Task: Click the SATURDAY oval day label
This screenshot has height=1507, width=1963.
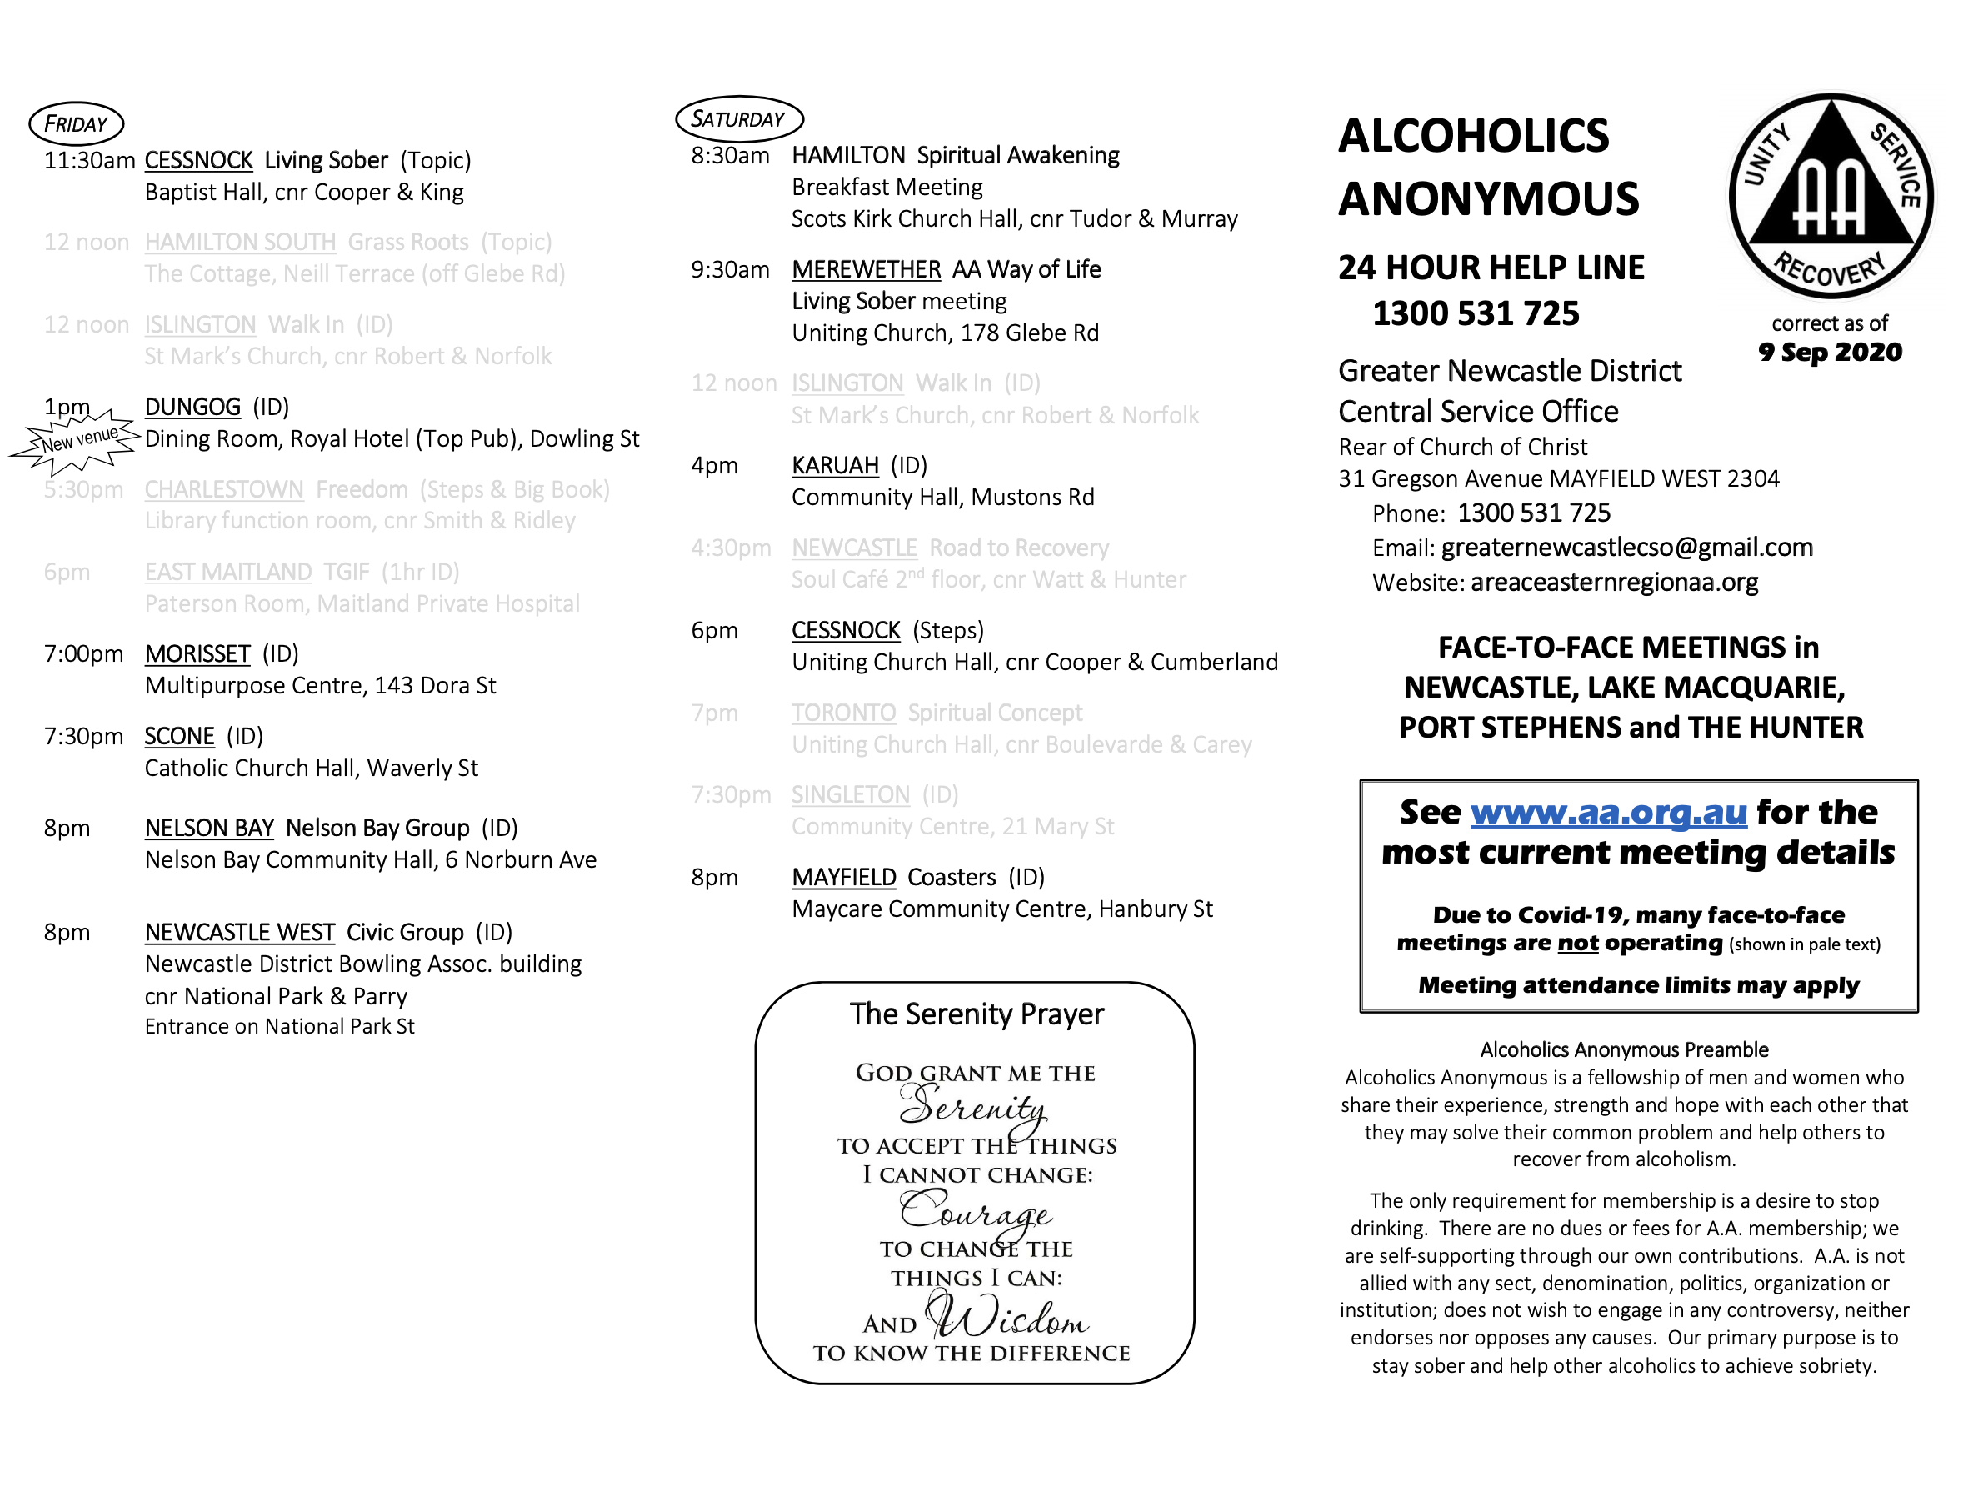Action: [x=739, y=118]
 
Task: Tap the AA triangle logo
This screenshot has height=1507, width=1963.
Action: [x=1831, y=196]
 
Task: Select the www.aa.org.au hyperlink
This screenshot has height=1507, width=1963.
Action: [x=1609, y=812]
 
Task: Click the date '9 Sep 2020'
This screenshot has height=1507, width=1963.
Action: [x=1831, y=352]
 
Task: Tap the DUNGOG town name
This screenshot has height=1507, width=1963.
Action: [x=192, y=408]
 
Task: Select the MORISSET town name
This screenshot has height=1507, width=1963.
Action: [x=197, y=654]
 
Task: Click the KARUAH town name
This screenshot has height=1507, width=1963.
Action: [x=835, y=466]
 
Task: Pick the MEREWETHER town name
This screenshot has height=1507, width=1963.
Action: [x=867, y=269]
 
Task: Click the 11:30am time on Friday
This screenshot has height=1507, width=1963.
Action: [x=90, y=161]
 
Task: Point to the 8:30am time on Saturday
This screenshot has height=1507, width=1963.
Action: [x=730, y=156]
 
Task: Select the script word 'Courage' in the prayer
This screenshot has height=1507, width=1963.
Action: [x=976, y=1212]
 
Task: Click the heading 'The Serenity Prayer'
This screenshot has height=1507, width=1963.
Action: [x=977, y=1014]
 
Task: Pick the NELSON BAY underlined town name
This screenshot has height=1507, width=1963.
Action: [x=209, y=828]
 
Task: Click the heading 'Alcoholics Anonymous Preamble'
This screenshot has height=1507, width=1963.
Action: [x=1624, y=1049]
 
